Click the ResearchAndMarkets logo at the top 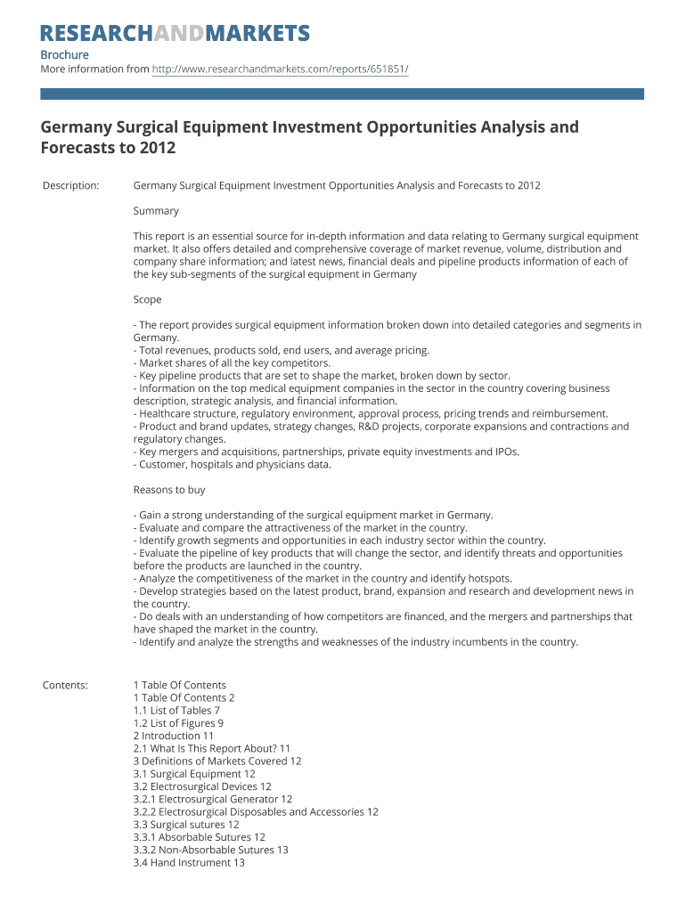tap(175, 34)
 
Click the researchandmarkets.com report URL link tap(281, 69)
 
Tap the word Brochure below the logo tap(64, 54)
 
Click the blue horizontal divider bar tap(342, 93)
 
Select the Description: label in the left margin tap(70, 185)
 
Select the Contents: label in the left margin tap(65, 685)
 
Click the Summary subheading tap(156, 211)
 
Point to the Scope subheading tap(147, 300)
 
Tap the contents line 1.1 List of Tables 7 tap(176, 711)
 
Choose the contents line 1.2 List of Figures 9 tap(178, 723)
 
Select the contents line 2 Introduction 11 tap(174, 736)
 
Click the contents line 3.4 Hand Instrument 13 tap(189, 862)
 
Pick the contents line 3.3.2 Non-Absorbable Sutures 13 tap(210, 850)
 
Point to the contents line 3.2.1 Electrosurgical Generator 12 tap(212, 799)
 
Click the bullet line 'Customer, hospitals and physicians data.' tap(232, 464)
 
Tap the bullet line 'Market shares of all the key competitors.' tap(232, 363)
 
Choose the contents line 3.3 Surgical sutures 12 tap(186, 825)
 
